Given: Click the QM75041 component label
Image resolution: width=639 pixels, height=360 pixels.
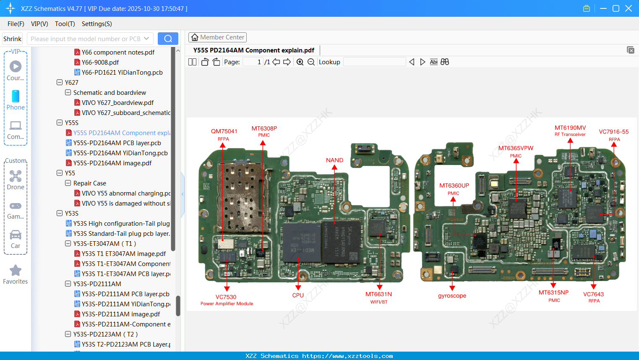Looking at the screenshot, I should (x=224, y=131).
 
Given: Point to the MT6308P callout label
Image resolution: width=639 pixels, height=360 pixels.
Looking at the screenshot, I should (x=264, y=128).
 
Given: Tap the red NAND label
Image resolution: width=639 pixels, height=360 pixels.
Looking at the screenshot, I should (x=334, y=160).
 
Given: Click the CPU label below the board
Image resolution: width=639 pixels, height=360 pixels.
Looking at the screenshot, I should (x=298, y=295).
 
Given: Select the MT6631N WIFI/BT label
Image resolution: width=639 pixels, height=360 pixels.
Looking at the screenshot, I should (x=378, y=295).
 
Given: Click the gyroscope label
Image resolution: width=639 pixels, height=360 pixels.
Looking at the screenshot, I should (x=452, y=296).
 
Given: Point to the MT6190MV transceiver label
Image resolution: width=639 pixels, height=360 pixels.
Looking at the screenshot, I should (x=570, y=128).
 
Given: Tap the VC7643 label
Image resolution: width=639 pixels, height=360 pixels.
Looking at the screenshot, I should (x=593, y=295).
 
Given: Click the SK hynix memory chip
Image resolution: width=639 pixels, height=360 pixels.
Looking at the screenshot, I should (x=342, y=242).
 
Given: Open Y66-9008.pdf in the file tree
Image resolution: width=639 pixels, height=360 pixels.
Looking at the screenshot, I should (x=100, y=63).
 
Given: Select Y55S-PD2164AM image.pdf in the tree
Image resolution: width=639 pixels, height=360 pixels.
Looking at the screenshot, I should (x=112, y=163).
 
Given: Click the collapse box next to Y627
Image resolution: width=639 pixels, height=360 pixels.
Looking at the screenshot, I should (x=60, y=83).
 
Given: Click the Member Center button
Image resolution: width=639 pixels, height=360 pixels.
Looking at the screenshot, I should (x=217, y=37).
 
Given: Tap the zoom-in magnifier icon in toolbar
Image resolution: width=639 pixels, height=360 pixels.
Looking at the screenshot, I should (x=300, y=62).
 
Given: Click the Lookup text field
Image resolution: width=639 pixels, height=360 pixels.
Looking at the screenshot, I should (x=374, y=62).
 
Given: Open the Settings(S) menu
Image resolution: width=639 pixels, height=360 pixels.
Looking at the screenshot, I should (x=97, y=24).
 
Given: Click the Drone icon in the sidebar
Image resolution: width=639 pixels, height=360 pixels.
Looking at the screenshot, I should (x=16, y=176).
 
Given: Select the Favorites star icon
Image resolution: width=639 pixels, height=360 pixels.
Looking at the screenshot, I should (x=16, y=271).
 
